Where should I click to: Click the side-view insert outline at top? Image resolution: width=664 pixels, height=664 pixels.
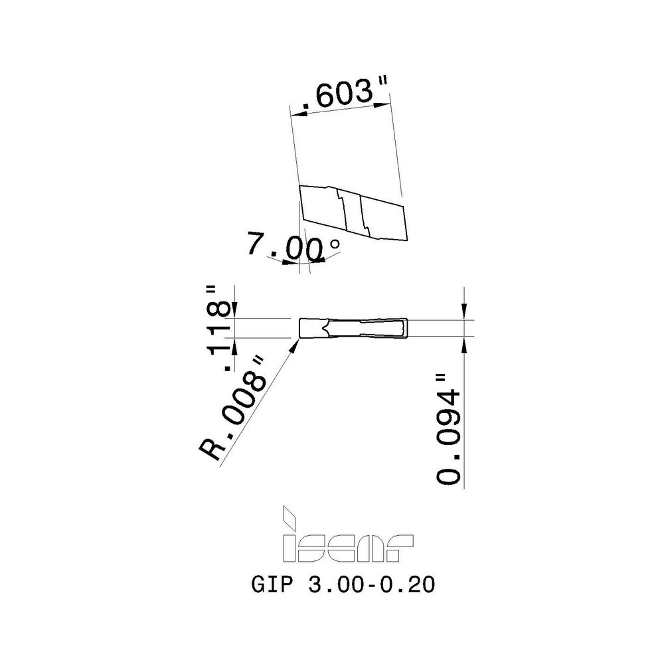pos(352,214)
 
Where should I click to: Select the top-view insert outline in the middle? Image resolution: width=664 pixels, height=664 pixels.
pos(352,328)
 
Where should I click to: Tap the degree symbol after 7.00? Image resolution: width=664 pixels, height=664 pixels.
pos(335,244)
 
